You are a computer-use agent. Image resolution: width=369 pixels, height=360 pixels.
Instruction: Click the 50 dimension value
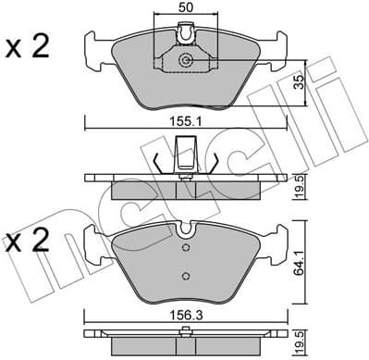[x=186, y=8]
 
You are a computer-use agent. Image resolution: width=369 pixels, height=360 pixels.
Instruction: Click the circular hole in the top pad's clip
[x=186, y=60]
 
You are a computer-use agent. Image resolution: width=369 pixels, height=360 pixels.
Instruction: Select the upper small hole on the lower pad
[x=186, y=248]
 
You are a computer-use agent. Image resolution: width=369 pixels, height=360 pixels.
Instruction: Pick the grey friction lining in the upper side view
[x=185, y=190]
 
